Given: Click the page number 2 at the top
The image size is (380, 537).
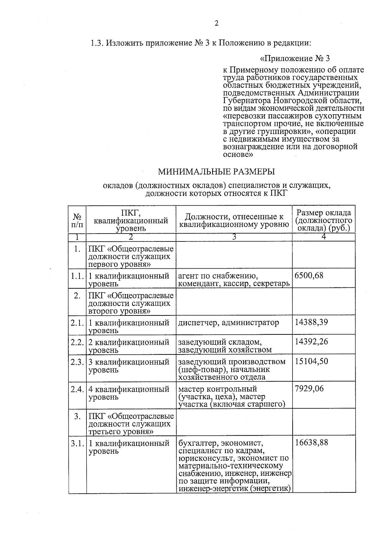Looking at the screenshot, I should [217, 24].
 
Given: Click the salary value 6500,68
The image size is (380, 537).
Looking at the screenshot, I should [309, 275].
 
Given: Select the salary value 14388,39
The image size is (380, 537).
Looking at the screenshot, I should [311, 322].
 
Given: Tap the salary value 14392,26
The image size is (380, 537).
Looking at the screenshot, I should [311, 342].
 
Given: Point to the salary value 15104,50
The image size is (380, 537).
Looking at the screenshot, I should [311, 361].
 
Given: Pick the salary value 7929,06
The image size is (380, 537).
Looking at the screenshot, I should [309, 389].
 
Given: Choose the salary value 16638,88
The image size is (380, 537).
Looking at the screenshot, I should [311, 443].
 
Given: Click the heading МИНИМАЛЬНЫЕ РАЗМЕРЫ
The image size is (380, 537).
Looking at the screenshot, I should [217, 172].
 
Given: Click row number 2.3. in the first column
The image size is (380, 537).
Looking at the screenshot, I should [77, 362].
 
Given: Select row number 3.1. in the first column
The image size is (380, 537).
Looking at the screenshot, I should [77, 443].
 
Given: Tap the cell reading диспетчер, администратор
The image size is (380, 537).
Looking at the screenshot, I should [228, 323].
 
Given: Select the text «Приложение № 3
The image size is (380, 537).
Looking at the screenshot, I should [294, 59].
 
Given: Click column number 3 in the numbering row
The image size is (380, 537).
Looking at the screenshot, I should [234, 237].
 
